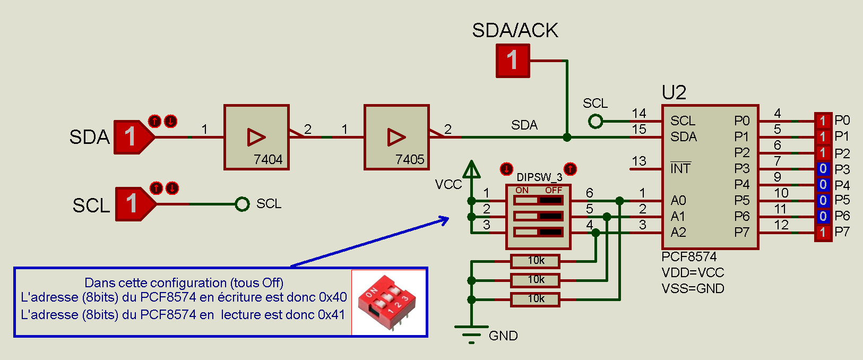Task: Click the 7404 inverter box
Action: tap(256, 137)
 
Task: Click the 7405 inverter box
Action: tap(396, 137)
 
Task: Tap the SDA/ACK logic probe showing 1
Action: tap(513, 61)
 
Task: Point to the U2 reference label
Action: tap(674, 93)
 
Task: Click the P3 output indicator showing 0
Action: tap(823, 169)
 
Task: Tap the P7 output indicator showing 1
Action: tap(823, 232)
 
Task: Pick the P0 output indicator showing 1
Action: tap(823, 121)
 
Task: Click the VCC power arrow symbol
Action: tap(471, 170)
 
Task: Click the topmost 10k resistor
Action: tap(536, 261)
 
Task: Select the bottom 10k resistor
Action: tap(536, 299)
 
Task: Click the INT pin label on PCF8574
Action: tap(680, 168)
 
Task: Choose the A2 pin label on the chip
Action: tap(678, 232)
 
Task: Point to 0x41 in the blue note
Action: tap(332, 315)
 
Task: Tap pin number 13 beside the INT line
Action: tap(639, 161)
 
